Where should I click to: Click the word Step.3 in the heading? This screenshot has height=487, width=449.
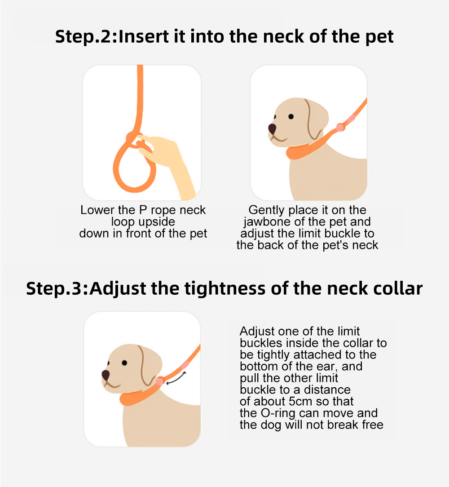[x=56, y=288]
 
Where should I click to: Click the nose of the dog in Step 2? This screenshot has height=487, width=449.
[x=273, y=128]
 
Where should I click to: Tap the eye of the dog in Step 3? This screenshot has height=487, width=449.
[x=124, y=363]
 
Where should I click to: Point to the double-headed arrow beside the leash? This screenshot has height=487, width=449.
[x=176, y=378]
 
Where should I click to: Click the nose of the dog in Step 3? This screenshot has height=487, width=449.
[x=106, y=375]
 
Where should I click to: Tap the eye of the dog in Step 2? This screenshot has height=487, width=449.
[x=291, y=116]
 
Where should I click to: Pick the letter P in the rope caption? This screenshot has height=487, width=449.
[x=143, y=210]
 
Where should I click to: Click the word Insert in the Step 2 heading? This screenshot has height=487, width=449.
[x=144, y=37]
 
